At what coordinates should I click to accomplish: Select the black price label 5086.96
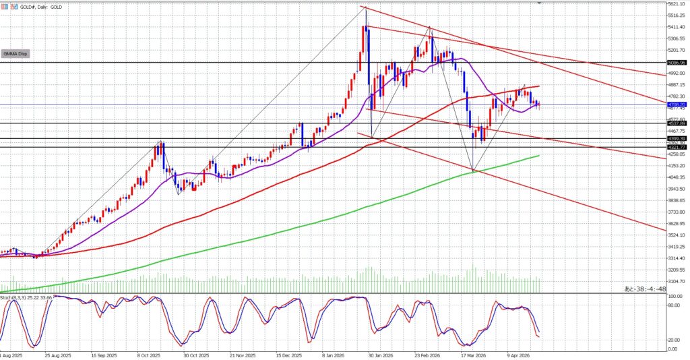pyautogui.click(x=676, y=62)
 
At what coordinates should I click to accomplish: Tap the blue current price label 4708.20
pyautogui.click(x=676, y=105)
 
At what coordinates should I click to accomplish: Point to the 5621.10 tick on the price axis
pyautogui.click(x=676, y=4)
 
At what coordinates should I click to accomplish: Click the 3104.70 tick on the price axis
pyautogui.click(x=676, y=281)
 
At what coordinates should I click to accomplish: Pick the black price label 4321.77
pyautogui.click(x=676, y=147)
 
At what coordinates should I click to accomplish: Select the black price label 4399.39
pyautogui.click(x=676, y=138)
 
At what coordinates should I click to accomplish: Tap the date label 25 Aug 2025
pyautogui.click(x=57, y=355)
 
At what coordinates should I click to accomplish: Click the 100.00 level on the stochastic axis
pyautogui.click(x=675, y=296)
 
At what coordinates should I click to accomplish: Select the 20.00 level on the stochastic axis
pyautogui.click(x=673, y=340)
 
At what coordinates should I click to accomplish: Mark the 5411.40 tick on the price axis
pyautogui.click(x=676, y=27)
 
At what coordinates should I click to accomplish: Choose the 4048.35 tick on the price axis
pyautogui.click(x=676, y=177)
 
